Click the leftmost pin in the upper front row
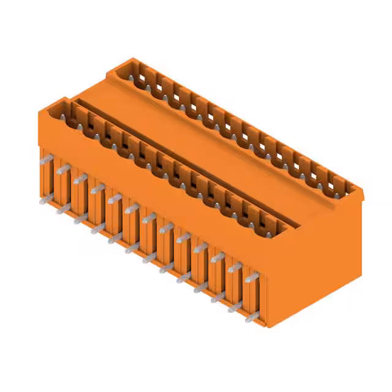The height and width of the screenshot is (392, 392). (45, 160)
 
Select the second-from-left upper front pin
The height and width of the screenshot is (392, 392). (62, 169)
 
